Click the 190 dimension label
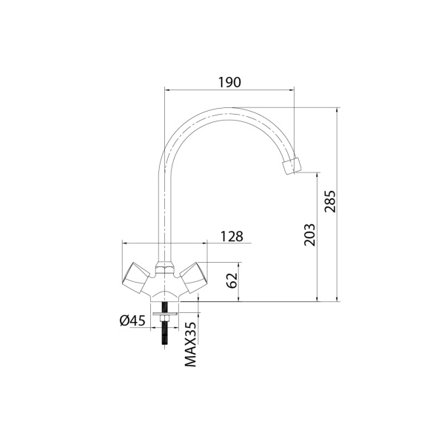click(229, 82)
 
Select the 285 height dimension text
click(330, 201)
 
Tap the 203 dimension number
click(309, 235)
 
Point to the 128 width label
click(232, 237)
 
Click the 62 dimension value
click(232, 280)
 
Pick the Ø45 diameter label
click(132, 320)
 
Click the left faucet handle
click(136, 277)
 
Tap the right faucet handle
click(193, 277)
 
